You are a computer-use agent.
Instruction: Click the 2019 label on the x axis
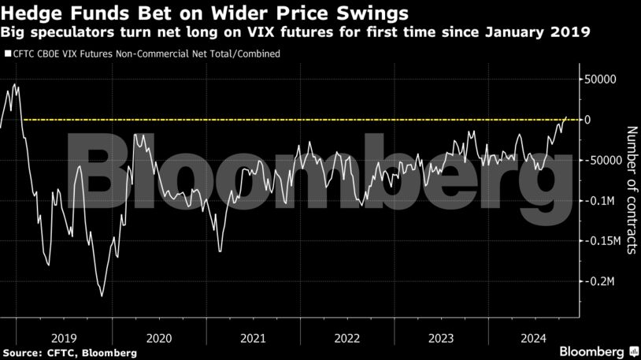(x=65, y=337)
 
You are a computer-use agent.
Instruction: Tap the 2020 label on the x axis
(x=158, y=337)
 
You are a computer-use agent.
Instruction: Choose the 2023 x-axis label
(x=440, y=337)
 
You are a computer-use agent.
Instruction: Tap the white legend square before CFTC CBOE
(x=7, y=54)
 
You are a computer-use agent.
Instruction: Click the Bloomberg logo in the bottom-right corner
(x=598, y=351)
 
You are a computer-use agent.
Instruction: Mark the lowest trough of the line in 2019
(x=102, y=296)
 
